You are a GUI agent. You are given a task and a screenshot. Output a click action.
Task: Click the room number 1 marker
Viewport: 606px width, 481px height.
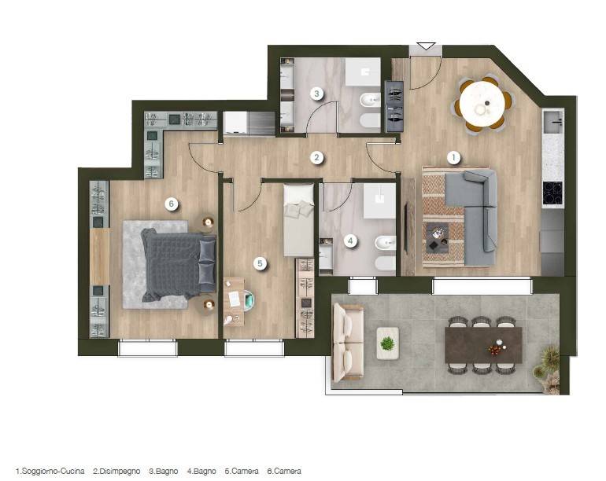[453, 157]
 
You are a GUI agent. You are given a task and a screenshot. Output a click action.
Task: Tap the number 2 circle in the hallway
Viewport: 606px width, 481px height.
[316, 157]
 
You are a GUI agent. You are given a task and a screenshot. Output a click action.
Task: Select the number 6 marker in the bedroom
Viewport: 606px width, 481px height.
[172, 204]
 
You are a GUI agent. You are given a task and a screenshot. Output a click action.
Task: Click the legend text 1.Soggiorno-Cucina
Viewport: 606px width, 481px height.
[50, 471]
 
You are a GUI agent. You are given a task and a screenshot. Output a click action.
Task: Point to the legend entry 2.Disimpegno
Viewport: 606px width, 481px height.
[116, 471]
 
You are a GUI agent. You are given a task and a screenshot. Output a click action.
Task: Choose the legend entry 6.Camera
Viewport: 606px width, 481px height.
[284, 471]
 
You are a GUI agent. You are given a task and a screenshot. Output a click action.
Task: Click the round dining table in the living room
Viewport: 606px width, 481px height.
[482, 104]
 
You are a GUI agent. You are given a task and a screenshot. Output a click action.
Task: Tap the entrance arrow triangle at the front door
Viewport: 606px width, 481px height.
[427, 46]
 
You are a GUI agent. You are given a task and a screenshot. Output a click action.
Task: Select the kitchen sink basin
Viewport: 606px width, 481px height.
[553, 122]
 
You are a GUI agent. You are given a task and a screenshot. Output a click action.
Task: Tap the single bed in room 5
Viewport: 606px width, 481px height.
[299, 220]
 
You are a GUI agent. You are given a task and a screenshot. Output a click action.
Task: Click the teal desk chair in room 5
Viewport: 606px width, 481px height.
[248, 299]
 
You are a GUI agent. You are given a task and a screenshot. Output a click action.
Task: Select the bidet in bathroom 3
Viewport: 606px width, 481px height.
[370, 101]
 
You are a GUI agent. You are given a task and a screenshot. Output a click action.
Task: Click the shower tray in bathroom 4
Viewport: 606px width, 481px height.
[379, 201]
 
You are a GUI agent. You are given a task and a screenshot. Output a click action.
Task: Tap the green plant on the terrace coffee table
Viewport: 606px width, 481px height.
[387, 343]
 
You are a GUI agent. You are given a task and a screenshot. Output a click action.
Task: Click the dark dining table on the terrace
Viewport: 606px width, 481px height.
[483, 345]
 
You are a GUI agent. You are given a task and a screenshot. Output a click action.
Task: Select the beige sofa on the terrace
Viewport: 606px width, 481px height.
[348, 343]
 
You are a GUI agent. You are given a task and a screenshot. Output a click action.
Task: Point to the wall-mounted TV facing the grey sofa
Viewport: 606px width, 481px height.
[406, 228]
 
